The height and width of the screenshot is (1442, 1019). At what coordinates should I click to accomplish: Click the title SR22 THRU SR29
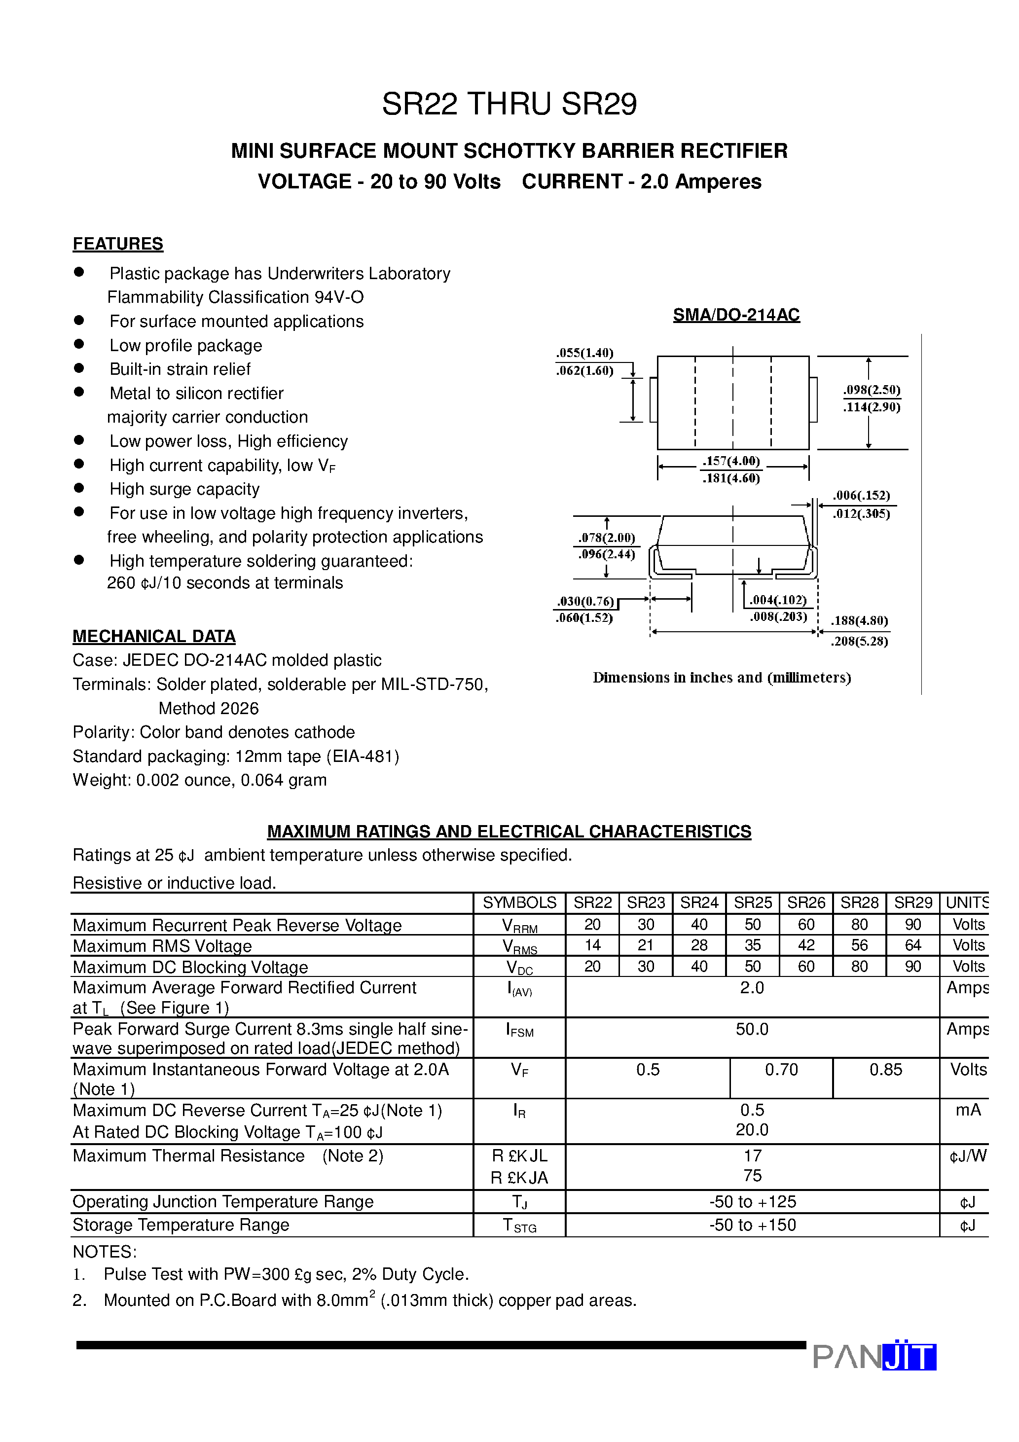click(509, 104)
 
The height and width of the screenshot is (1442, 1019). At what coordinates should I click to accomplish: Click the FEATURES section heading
click(117, 244)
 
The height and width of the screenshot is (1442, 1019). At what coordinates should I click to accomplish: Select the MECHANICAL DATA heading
click(154, 636)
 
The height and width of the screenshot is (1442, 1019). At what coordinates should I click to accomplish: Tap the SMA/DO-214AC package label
click(736, 315)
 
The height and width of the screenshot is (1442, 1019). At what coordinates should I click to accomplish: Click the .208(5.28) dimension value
click(859, 641)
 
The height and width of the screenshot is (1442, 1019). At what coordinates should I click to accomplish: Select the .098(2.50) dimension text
click(872, 390)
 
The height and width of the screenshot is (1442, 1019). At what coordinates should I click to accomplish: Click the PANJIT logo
click(874, 1357)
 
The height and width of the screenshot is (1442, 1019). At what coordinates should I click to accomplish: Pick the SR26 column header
click(805, 902)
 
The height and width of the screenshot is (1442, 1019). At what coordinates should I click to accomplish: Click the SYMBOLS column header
click(519, 902)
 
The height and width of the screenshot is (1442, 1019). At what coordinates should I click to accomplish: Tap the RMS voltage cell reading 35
click(752, 945)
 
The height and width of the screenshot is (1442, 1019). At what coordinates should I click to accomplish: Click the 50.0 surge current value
click(752, 1029)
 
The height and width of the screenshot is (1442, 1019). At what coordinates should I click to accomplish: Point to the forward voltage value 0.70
click(781, 1070)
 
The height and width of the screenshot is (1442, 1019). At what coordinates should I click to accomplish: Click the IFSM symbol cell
click(519, 1031)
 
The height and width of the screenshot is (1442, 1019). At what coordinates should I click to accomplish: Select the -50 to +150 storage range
click(752, 1225)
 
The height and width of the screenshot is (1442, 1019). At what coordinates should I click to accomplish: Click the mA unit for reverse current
click(968, 1111)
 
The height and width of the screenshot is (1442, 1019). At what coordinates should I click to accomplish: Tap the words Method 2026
click(208, 709)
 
